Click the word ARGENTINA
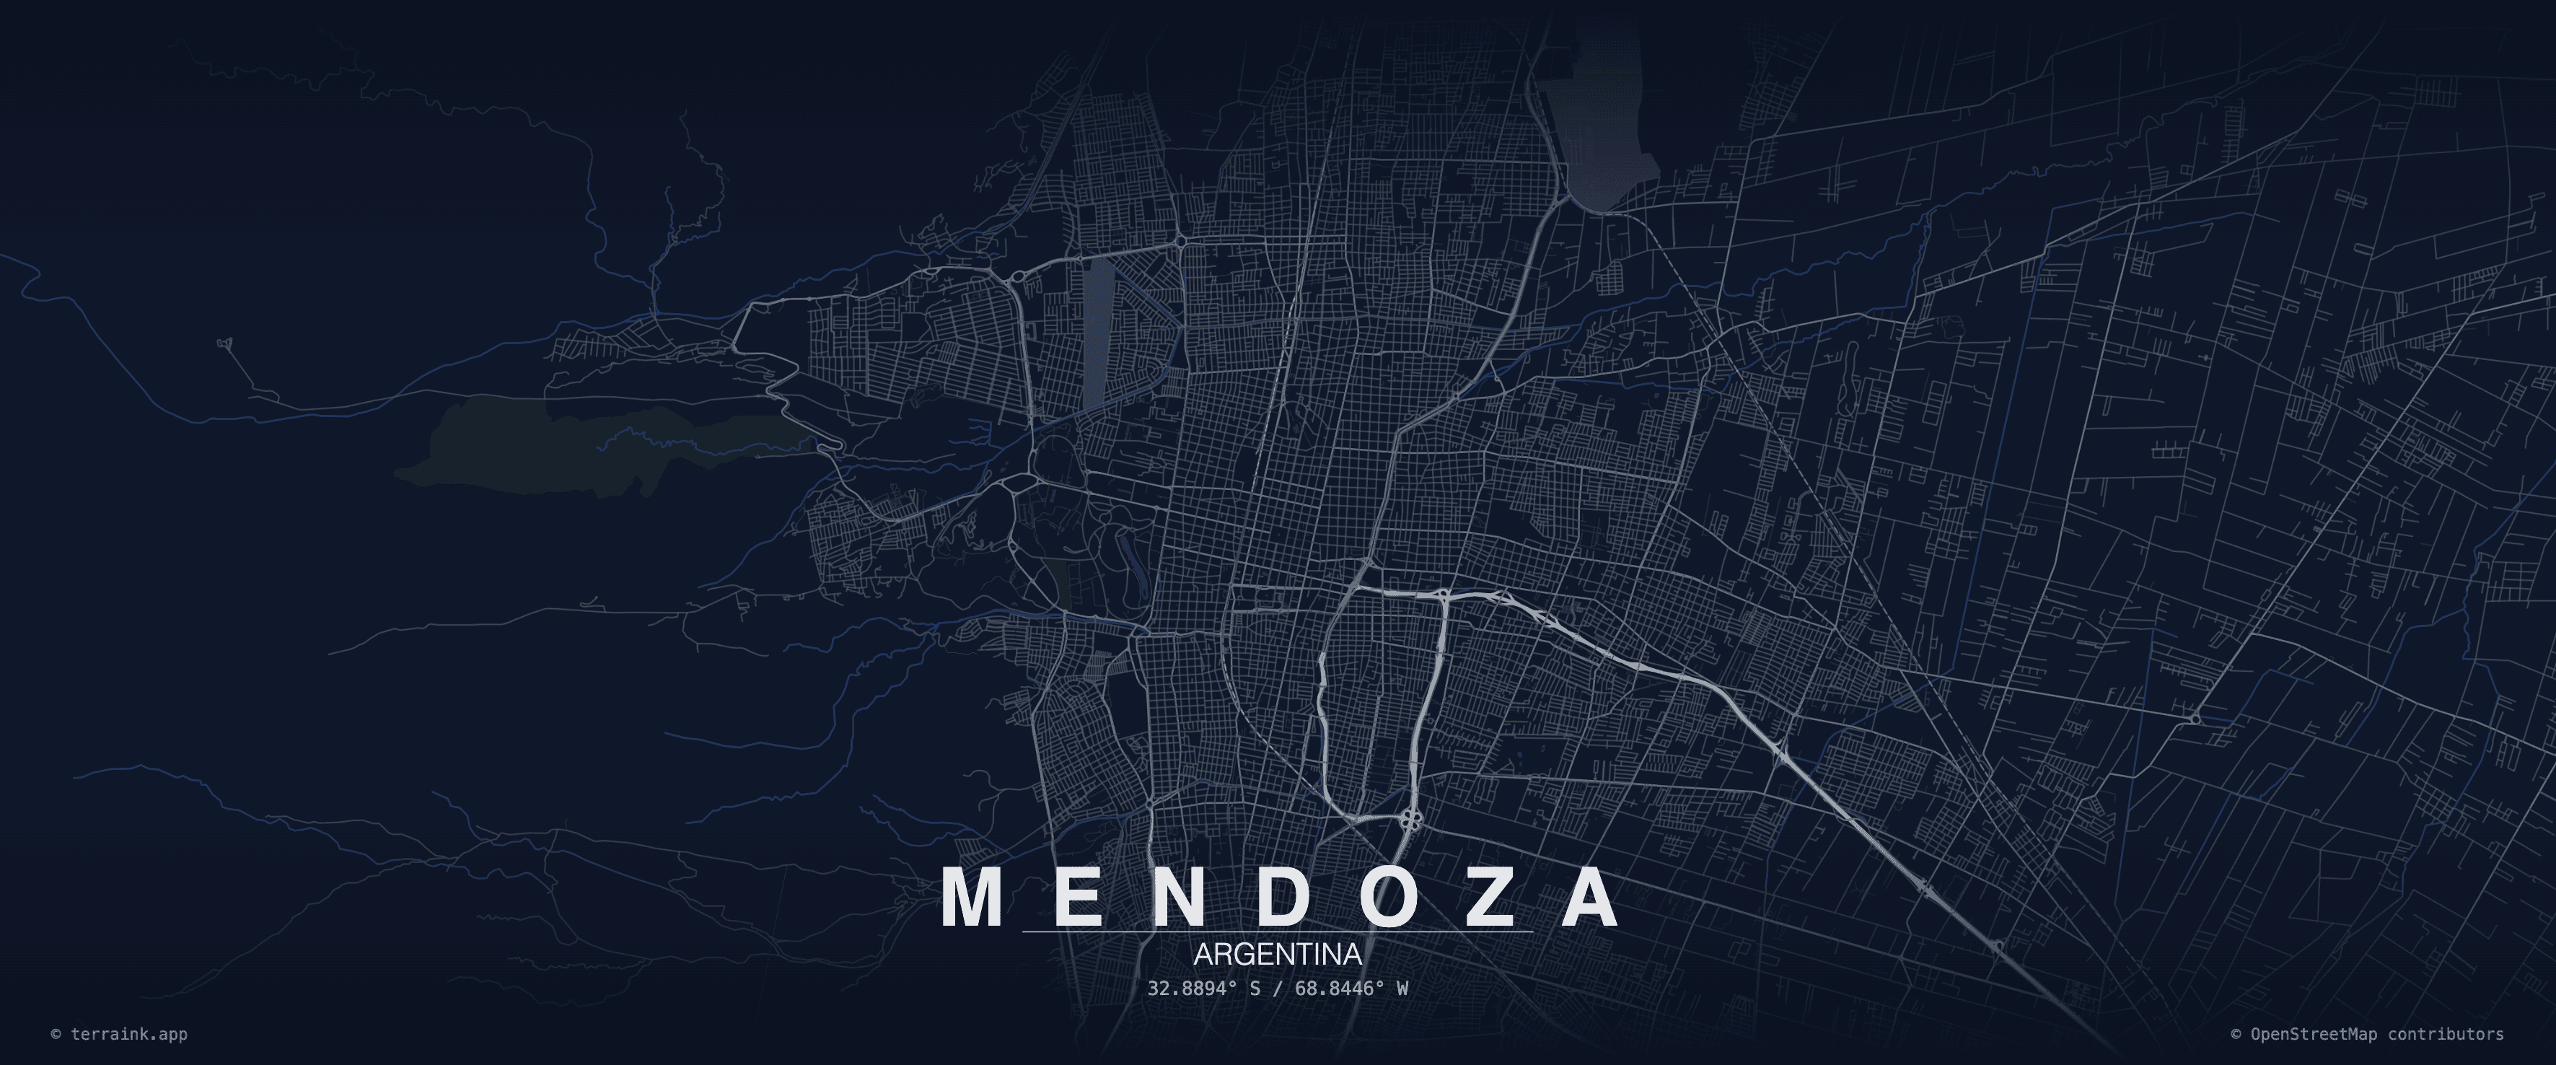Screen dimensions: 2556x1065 (1277, 955)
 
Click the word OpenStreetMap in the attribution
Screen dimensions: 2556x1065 (2313, 1034)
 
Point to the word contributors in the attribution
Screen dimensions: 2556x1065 (2445, 1034)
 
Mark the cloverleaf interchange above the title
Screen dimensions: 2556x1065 (1412, 820)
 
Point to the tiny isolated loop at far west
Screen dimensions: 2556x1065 (225, 343)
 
